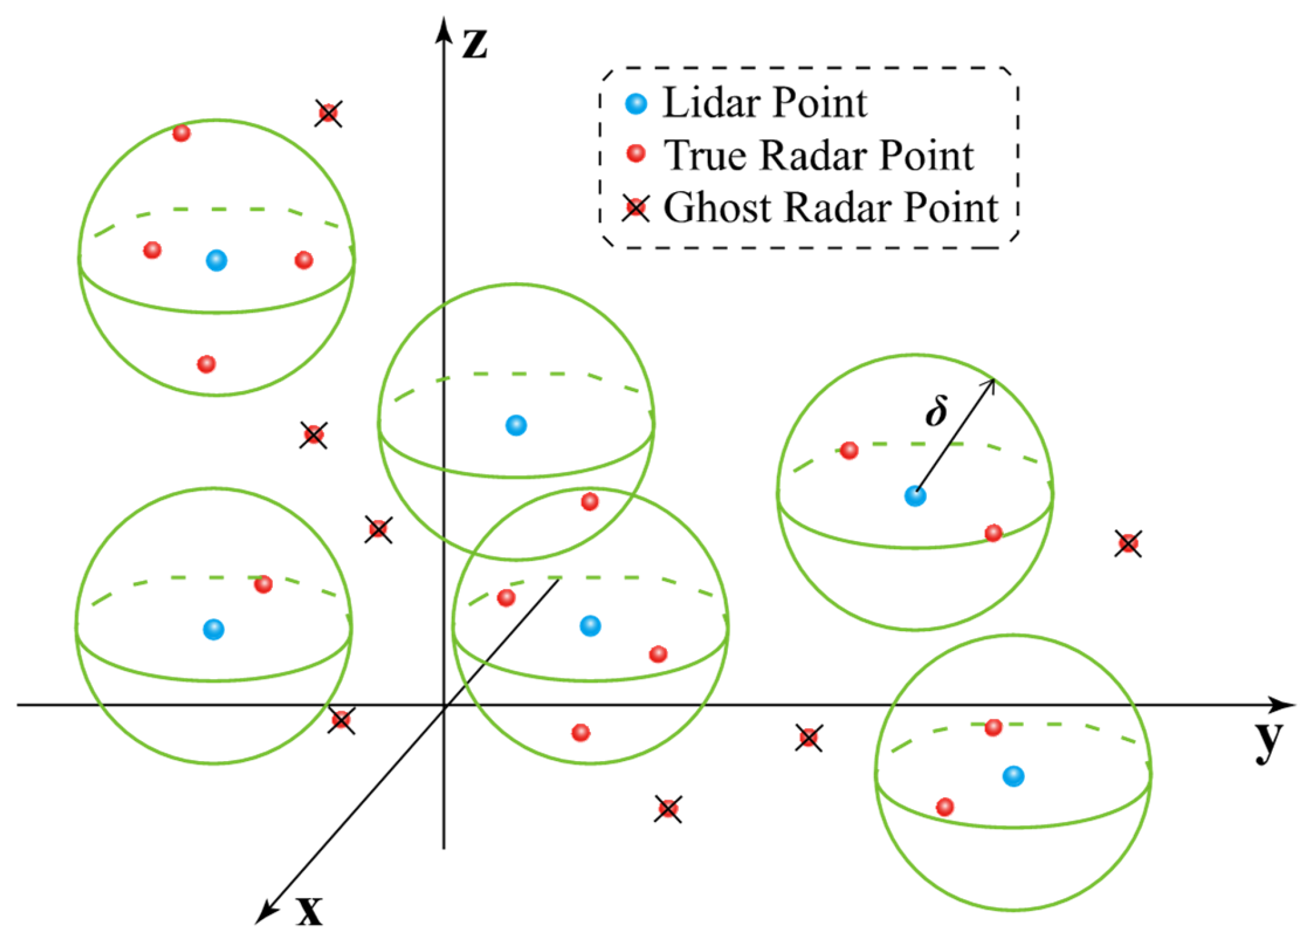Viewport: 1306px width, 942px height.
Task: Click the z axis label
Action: click(474, 44)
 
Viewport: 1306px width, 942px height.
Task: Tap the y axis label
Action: click(1268, 741)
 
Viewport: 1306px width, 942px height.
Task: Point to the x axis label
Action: click(309, 912)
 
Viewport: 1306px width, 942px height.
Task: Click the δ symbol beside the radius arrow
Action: click(936, 411)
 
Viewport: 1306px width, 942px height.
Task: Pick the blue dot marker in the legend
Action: click(636, 103)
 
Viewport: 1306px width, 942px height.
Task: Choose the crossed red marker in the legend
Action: click(636, 208)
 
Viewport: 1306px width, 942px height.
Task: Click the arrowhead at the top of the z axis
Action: click(443, 28)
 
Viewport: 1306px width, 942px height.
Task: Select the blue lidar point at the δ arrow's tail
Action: click(915, 496)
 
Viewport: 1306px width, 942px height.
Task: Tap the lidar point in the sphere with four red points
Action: click(216, 260)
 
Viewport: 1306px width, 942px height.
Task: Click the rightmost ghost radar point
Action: click(1128, 544)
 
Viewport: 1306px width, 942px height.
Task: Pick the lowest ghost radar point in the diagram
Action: click(668, 809)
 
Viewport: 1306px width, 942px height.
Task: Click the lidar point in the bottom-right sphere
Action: click(1013, 776)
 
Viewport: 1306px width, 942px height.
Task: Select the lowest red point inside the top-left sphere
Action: click(206, 364)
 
